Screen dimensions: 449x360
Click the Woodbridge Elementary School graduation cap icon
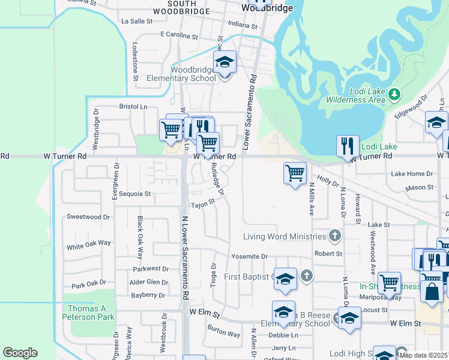click(x=225, y=62)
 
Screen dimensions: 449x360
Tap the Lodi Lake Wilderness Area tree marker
click(x=394, y=94)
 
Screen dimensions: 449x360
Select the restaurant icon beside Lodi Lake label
click(x=348, y=145)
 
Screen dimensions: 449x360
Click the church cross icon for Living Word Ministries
click(x=335, y=236)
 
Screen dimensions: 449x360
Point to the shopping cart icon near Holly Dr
click(x=295, y=173)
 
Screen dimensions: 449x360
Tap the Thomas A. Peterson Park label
click(x=89, y=312)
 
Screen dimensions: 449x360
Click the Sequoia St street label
click(x=134, y=194)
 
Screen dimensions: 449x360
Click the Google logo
click(x=20, y=352)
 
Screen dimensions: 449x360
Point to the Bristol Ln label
click(x=133, y=106)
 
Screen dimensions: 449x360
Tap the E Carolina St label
click(x=178, y=37)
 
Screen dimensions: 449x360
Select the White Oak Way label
click(x=89, y=245)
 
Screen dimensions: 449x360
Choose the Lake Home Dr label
click(x=412, y=173)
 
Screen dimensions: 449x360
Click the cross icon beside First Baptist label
click(x=306, y=276)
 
